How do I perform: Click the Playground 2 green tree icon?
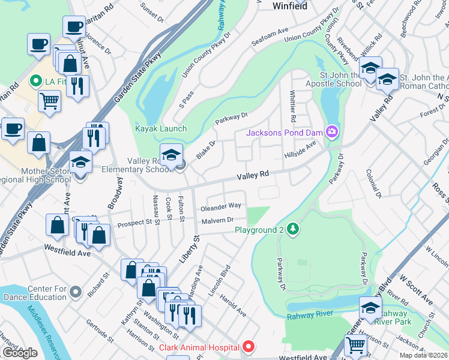coord(292,229)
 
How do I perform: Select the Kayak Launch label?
coord(160,129)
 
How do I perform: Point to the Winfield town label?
coord(290,7)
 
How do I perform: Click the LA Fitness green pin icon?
coord(35,80)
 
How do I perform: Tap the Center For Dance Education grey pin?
coord(75,292)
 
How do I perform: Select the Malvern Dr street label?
coord(217,220)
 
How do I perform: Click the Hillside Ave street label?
coord(300,150)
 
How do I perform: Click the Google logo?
coord(20,352)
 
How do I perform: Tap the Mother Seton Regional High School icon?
coord(80,162)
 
